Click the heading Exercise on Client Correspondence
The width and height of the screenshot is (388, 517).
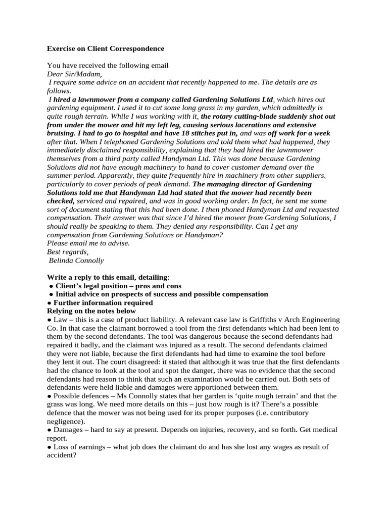[x=106, y=49]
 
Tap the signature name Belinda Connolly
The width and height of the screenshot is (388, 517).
[x=76, y=261]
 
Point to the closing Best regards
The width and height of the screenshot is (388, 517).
[x=67, y=252]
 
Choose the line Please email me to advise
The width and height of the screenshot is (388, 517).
[x=88, y=243]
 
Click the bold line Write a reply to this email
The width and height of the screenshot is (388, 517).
[x=108, y=277]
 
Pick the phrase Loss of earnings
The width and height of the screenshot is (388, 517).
[x=76, y=447]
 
